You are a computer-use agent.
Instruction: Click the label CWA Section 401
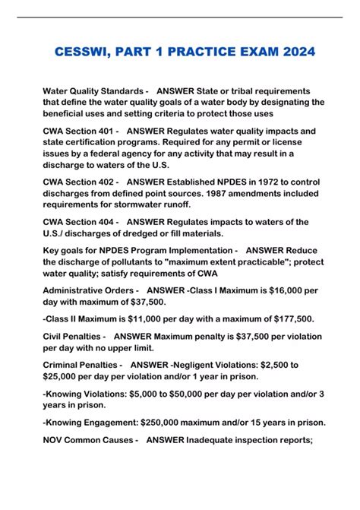point(80,131)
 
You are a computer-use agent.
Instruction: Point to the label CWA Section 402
point(80,182)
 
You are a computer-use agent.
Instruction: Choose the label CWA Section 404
point(80,222)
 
